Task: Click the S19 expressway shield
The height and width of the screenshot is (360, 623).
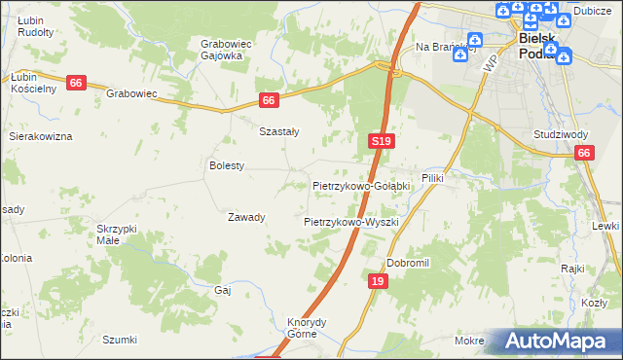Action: [382, 141]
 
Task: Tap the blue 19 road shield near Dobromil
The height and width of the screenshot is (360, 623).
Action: [379, 281]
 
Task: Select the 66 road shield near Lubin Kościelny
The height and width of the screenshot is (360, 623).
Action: [76, 84]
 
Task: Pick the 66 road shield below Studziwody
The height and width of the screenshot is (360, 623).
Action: [583, 153]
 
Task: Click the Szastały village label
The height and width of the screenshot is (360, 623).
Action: [278, 131]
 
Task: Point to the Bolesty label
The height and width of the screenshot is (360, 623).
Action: [227, 165]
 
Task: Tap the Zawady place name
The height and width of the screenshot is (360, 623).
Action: [246, 217]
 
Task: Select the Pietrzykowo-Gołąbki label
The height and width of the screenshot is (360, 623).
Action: [362, 185]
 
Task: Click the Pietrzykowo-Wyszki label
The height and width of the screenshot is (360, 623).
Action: [351, 222]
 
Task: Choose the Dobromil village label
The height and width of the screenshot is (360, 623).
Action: [408, 263]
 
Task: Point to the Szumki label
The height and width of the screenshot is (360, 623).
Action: [120, 340]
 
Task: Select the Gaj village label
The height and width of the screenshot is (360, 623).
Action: [222, 290]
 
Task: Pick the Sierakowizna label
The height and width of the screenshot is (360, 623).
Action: [41, 136]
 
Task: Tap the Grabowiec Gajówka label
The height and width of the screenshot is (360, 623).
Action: [221, 50]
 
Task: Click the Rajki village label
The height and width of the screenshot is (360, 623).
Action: [571, 268]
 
